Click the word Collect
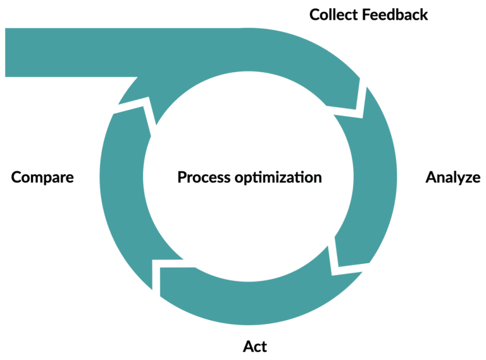coord(333,14)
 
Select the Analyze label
coord(453,177)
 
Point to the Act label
coord(255,346)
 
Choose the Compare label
coord(42,177)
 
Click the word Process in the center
coord(204,177)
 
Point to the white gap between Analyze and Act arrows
coord(333,259)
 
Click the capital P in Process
coord(182,177)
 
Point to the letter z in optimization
coord(289,178)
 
